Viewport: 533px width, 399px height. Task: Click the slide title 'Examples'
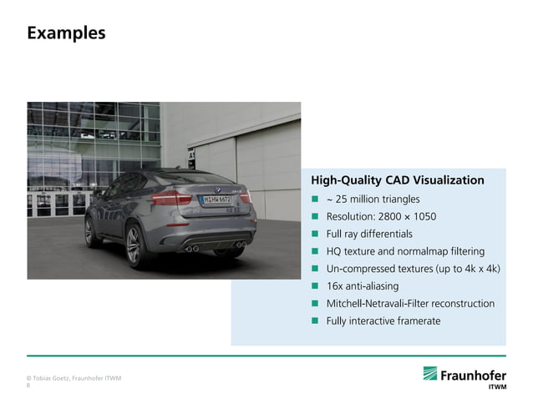coord(66,33)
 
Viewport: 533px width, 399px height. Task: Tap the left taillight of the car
coord(170,198)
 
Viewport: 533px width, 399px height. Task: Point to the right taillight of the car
coord(246,198)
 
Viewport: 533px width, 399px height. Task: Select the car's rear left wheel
coord(135,246)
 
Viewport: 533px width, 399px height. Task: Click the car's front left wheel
coord(89,231)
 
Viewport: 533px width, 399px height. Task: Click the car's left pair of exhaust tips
coord(192,248)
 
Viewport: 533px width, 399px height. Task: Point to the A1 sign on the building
coord(191,156)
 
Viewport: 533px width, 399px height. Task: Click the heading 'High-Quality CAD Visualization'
coord(397,180)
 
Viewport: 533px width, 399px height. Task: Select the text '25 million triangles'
coord(377,199)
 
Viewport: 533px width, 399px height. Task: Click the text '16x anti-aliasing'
coord(362,286)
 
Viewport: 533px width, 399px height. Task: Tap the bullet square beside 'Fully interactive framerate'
coord(316,321)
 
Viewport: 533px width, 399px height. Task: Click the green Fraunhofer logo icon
coord(430,374)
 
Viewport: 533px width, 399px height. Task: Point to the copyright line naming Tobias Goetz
coord(74,378)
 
